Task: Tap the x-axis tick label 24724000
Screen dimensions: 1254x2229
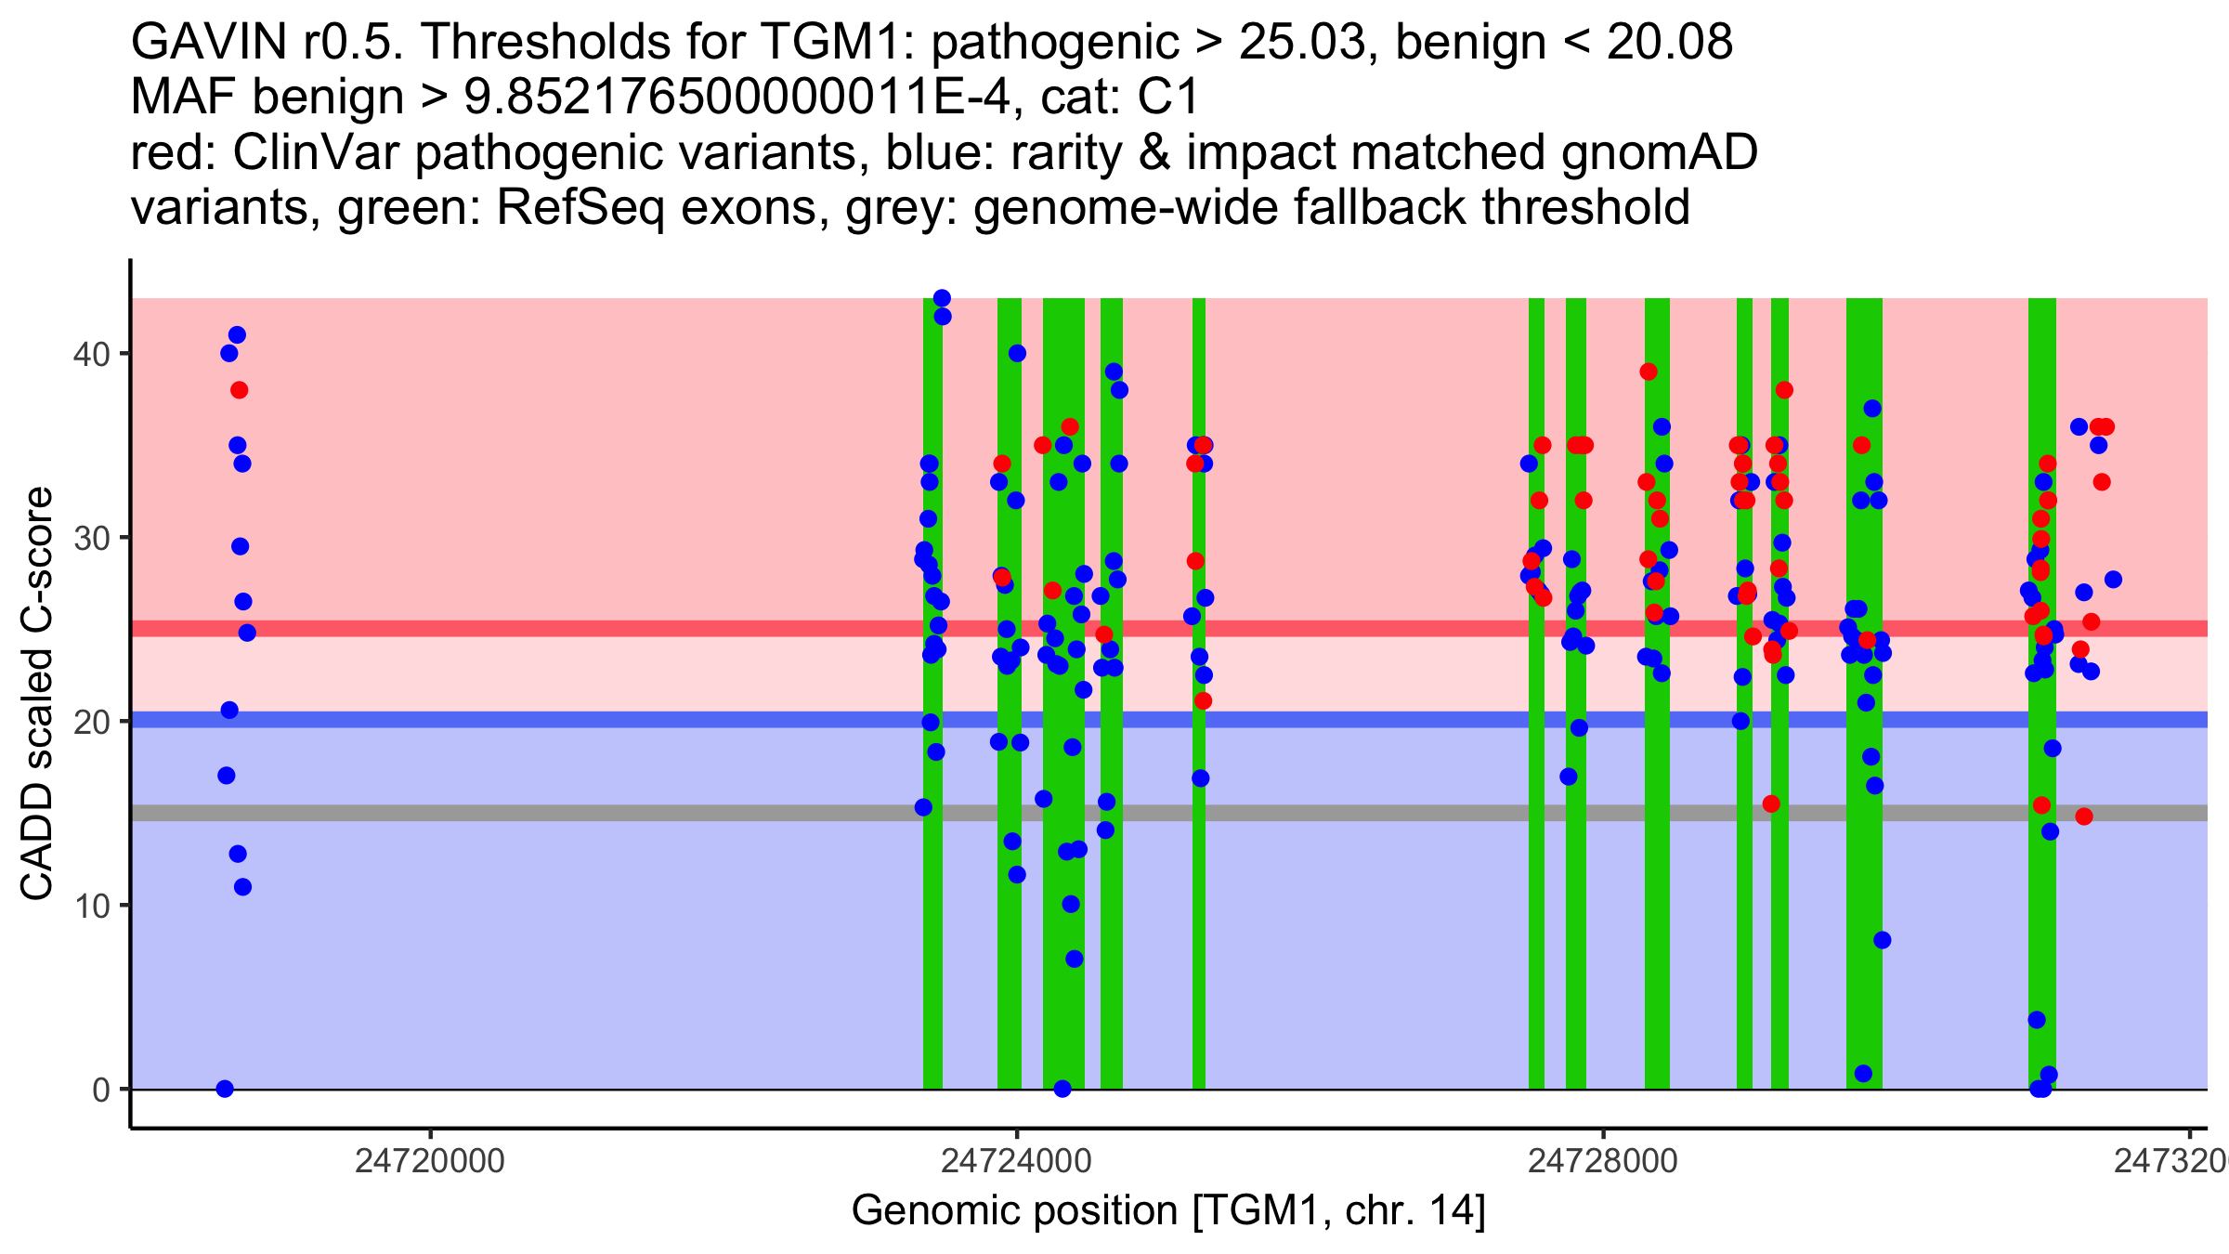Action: point(1016,1161)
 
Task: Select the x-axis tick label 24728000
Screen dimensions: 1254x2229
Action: point(1603,1161)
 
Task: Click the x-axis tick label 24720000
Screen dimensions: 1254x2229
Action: point(429,1161)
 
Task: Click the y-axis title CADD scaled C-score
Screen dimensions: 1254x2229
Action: point(37,694)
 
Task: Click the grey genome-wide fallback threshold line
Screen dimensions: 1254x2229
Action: point(557,813)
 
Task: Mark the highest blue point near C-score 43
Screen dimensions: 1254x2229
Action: point(942,298)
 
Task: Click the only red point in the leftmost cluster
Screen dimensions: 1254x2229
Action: point(239,390)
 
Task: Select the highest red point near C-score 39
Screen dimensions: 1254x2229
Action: point(1649,372)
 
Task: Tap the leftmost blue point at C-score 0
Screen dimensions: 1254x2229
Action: point(225,1089)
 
